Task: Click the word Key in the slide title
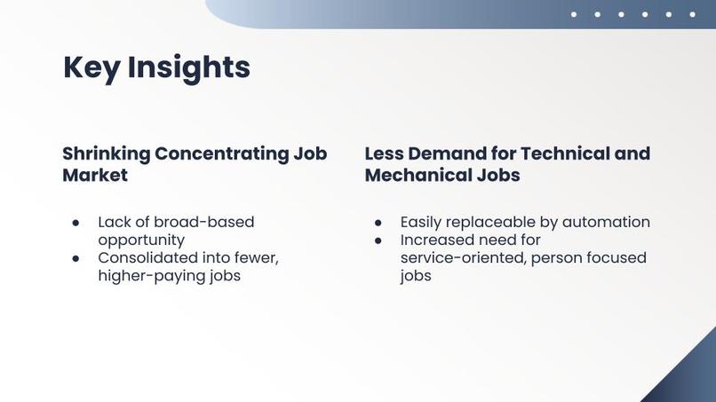91,67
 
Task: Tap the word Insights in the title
188,67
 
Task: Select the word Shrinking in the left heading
106,154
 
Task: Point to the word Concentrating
221,154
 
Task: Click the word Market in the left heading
95,175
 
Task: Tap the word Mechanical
417,175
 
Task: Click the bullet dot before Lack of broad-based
76,223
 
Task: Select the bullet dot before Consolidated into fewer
76,258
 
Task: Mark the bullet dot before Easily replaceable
378,223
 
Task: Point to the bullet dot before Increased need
378,240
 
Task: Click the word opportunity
141,240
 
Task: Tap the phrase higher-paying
149,276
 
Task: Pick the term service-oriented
463,258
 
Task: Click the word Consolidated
147,257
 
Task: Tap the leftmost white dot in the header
574,14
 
